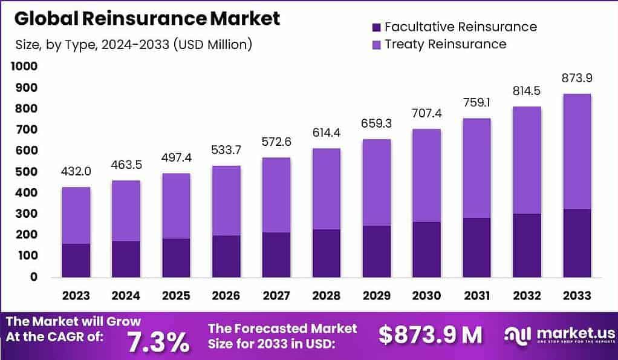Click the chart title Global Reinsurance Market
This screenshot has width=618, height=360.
147,18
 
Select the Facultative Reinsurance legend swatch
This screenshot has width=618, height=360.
376,27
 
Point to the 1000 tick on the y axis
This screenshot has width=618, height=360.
24,66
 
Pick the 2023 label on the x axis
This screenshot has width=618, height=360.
76,295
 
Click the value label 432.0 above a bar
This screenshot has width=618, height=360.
76,172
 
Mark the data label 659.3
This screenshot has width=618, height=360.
376,124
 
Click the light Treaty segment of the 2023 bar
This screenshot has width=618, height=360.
76,215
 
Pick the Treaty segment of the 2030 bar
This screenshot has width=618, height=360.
426,175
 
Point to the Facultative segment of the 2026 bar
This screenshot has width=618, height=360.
226,256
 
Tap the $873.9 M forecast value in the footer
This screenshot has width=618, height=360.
430,334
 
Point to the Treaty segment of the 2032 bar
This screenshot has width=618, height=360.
525,160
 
